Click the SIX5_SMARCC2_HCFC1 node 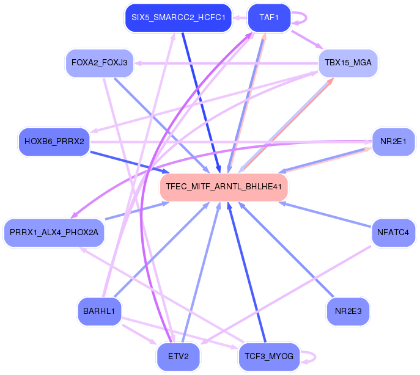[x=177, y=18]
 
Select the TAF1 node [x=269, y=18]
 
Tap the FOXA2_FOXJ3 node [x=99, y=63]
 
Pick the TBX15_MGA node [x=348, y=63]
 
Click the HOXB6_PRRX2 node [x=54, y=142]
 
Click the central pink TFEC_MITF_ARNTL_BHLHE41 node [x=224, y=187]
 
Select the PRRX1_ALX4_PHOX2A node [x=54, y=232]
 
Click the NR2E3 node [x=348, y=311]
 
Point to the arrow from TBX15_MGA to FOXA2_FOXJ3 [x=226, y=63]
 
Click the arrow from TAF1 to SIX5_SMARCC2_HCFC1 [x=240, y=18]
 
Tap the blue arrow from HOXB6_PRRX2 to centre [x=128, y=161]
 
